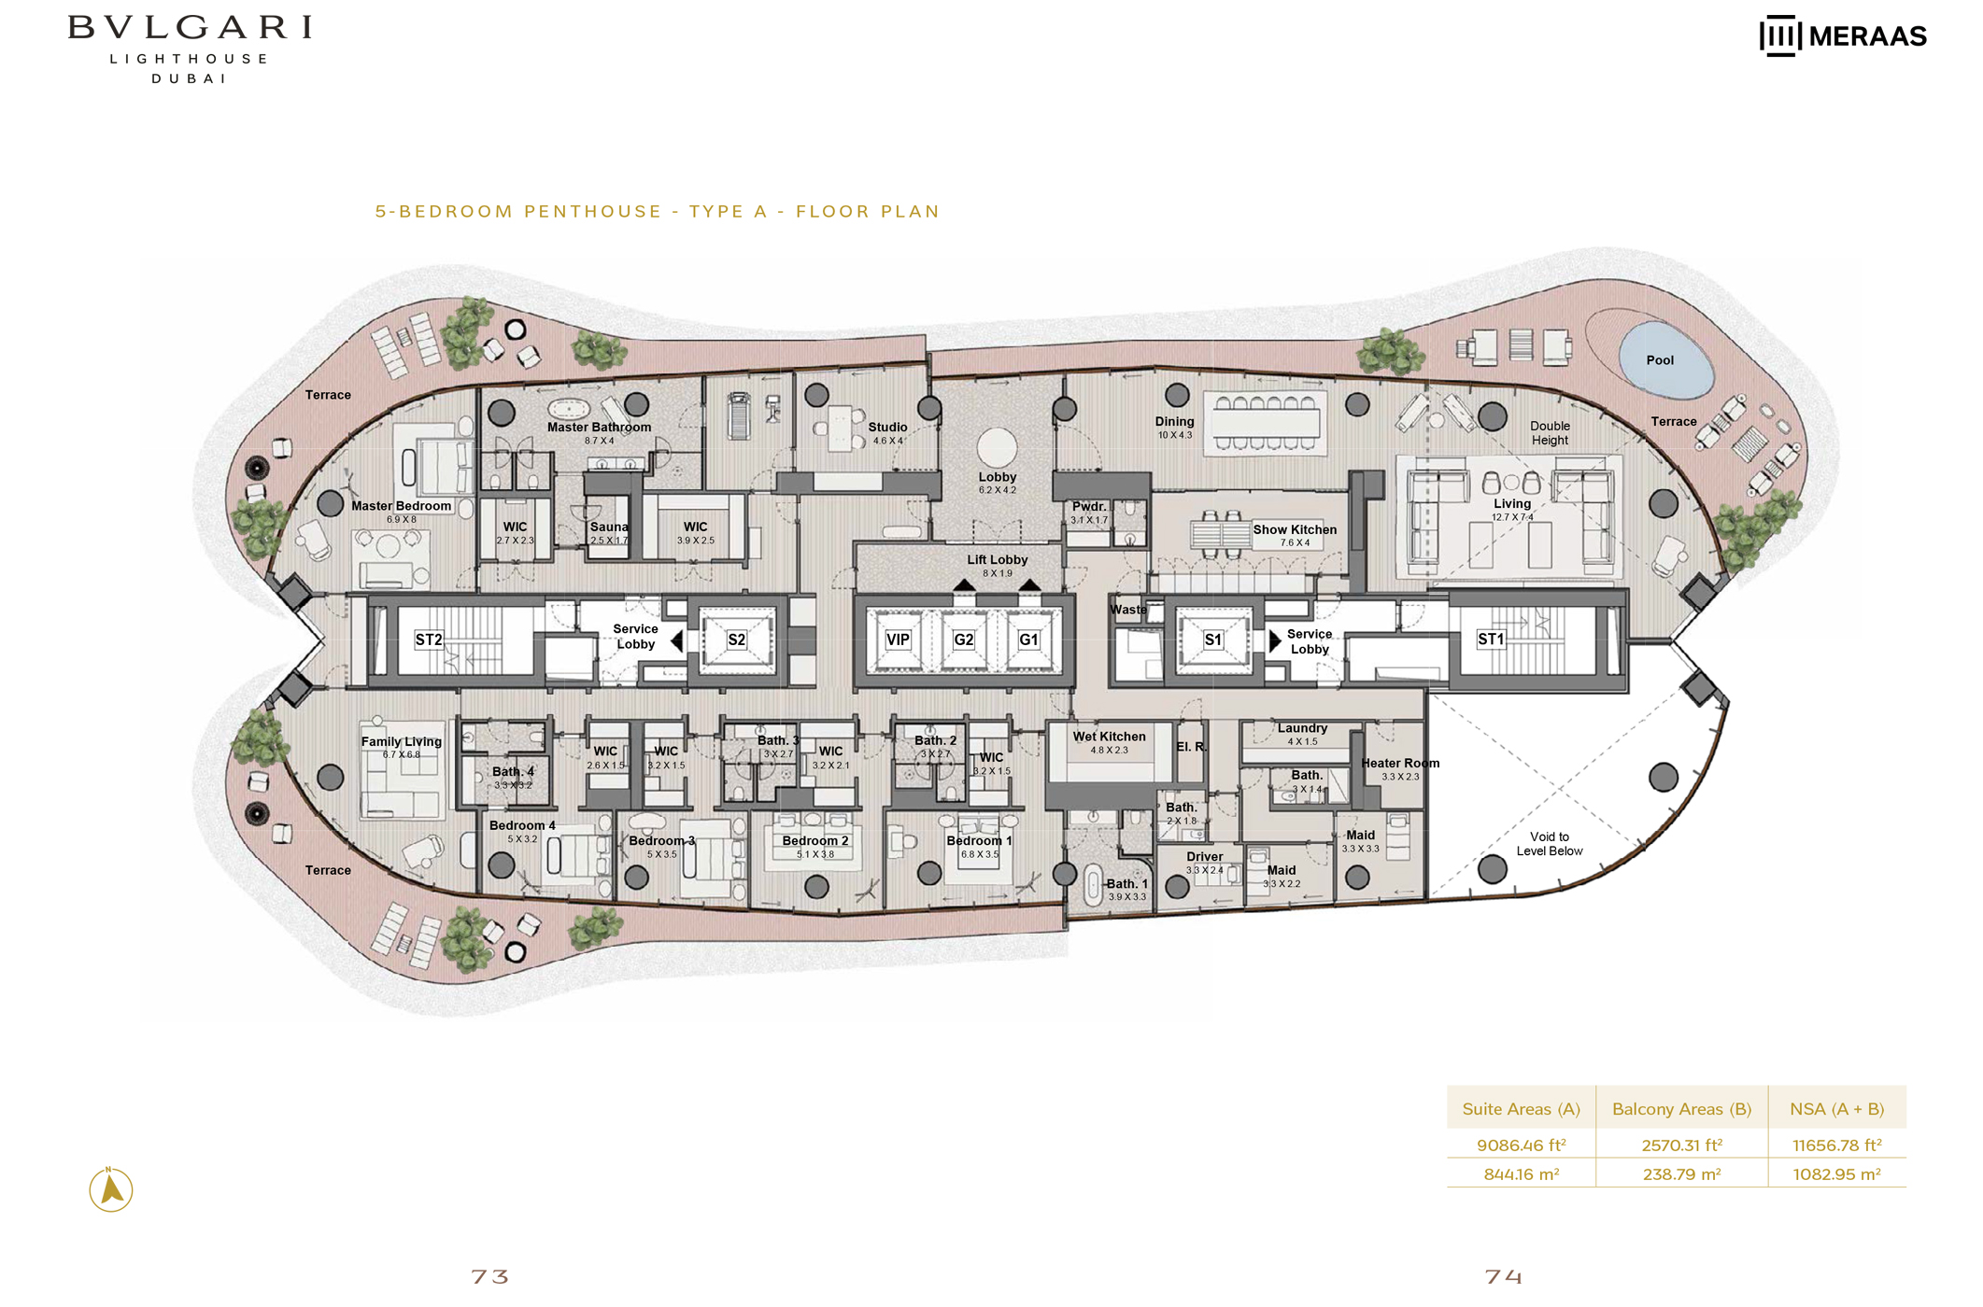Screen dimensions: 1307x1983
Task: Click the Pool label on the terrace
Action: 1659,360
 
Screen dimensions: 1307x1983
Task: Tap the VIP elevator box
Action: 897,639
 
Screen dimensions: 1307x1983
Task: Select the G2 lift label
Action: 963,639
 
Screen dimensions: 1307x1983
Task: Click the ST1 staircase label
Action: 1490,639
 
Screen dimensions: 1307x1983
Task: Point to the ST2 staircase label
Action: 429,639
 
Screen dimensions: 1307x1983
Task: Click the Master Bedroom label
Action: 401,506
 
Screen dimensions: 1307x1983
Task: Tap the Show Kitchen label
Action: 1294,529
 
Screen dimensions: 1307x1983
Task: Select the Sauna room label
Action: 609,527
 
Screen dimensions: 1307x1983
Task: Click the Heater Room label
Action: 1399,763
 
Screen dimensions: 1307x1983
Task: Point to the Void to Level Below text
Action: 1549,844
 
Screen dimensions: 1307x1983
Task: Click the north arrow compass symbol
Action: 111,1189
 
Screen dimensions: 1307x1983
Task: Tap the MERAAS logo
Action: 1842,36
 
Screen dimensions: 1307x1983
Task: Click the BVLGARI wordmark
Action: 190,27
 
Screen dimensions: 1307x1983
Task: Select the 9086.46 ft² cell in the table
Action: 1521,1145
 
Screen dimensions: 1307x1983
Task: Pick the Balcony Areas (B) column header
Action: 1680,1109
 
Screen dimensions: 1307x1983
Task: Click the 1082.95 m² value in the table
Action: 1835,1174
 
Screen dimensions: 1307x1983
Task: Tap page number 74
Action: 1503,1275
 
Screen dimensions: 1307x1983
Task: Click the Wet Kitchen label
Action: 1109,737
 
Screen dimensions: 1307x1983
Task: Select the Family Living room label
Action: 401,741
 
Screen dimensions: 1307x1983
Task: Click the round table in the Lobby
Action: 997,446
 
